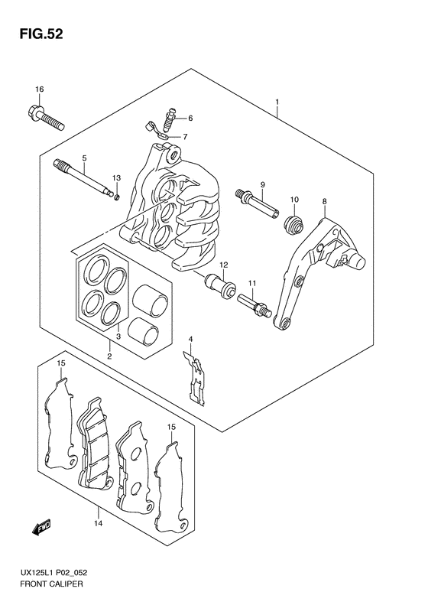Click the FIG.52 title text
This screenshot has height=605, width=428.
41,34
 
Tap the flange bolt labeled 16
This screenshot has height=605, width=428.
46,116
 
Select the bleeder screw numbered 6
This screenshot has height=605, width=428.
169,119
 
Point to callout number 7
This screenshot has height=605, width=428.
185,137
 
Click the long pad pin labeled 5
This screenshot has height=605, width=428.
84,179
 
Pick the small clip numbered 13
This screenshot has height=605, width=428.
117,198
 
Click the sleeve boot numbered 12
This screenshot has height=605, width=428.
220,285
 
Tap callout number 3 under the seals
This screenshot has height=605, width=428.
118,337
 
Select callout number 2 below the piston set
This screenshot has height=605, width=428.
109,356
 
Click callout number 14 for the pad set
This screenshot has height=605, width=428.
99,524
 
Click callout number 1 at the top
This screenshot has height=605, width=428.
277,102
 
